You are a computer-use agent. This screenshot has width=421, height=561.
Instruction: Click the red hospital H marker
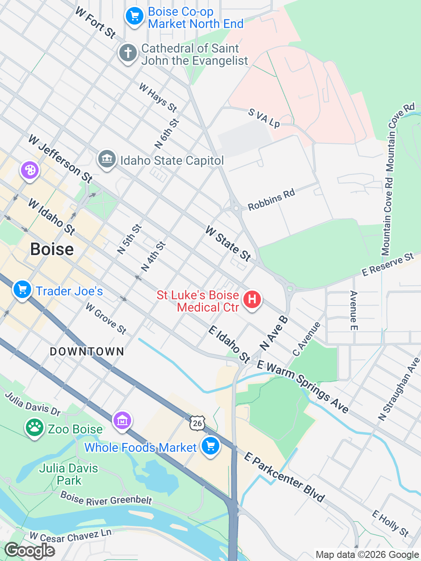252,300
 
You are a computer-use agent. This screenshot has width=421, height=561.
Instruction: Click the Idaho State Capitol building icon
107,159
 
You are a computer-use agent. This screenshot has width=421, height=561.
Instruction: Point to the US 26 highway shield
197,423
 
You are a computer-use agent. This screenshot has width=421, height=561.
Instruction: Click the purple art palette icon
30,170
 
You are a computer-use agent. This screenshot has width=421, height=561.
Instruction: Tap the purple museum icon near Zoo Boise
122,421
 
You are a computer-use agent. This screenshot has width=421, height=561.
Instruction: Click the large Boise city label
52,249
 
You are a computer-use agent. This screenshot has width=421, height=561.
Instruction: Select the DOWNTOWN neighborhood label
87,352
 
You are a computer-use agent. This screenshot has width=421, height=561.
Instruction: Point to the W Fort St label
95,22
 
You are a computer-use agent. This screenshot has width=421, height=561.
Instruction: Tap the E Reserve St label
388,265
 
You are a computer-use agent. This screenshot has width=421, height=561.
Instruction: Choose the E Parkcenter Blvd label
284,477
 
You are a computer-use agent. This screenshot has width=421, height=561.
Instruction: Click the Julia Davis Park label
68,474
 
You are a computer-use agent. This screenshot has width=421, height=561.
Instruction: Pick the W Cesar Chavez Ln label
70,536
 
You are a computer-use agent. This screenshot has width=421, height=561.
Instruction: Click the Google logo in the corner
29,550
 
